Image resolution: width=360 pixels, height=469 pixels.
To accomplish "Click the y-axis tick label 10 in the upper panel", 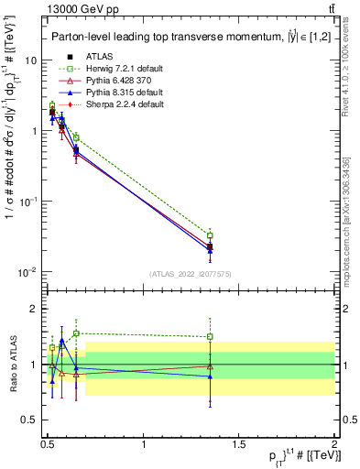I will [x=29, y=60].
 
